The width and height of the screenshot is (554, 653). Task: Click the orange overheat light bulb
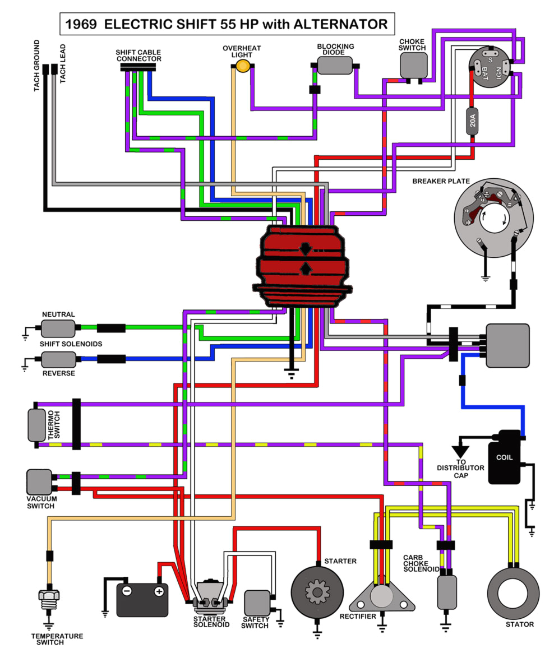coord(243,67)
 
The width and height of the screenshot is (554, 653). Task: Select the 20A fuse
coord(473,121)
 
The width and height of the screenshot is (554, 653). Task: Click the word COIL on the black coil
coord(504,457)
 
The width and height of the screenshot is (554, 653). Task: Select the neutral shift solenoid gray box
coord(58,328)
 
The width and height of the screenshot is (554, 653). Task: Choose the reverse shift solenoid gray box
coord(58,359)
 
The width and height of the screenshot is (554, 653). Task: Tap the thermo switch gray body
coord(36,425)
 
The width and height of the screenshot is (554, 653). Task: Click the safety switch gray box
coord(257,603)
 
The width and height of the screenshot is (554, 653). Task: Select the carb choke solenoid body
coord(447,592)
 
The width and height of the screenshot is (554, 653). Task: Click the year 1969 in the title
coord(82,25)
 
